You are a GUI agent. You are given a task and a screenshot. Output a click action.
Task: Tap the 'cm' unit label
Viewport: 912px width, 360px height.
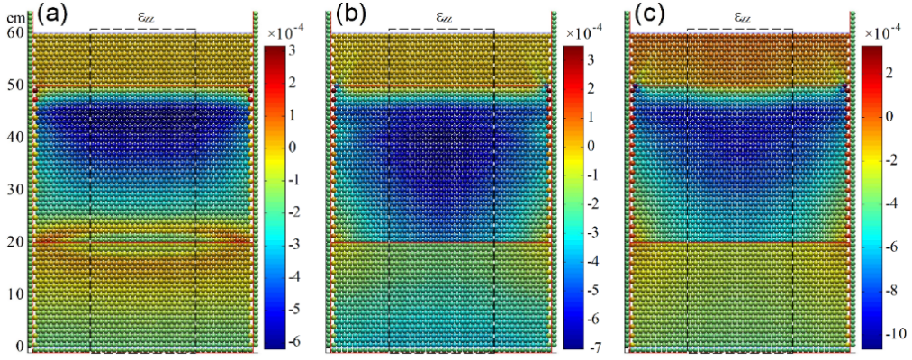13,16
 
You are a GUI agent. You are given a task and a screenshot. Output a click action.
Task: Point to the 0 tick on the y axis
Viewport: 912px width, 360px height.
18,346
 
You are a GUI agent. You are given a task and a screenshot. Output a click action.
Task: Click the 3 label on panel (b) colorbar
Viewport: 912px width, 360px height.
594,60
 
